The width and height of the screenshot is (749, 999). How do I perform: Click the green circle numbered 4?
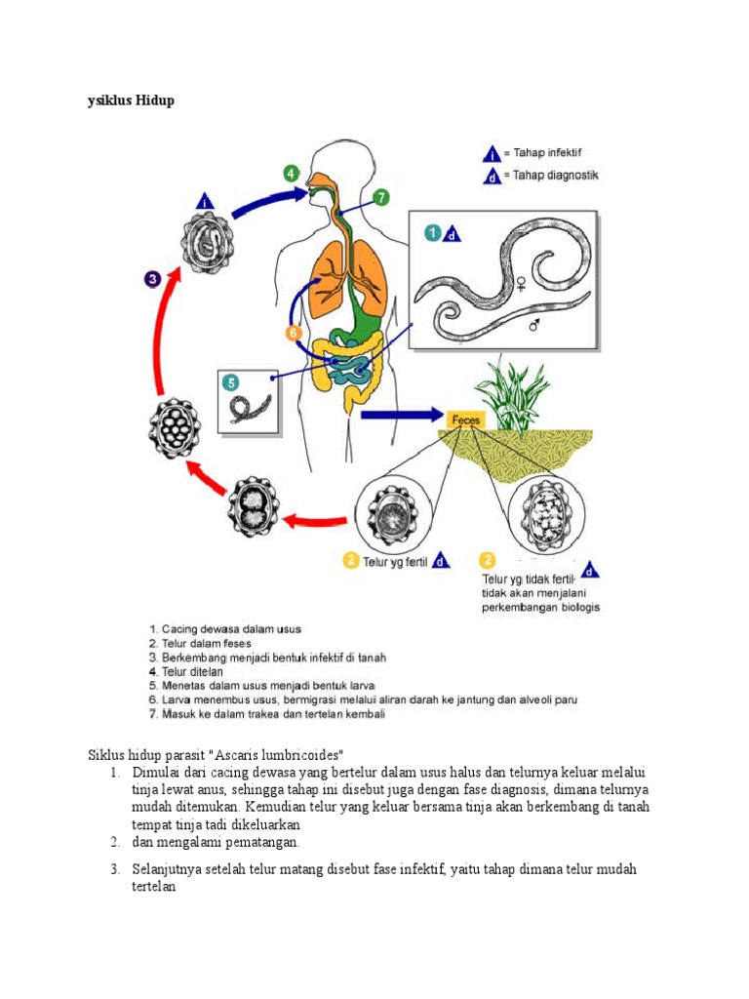(292, 174)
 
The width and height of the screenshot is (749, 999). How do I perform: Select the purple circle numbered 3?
(153, 279)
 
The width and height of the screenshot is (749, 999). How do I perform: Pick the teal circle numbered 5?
(230, 381)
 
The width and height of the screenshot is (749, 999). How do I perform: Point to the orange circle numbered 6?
(292, 333)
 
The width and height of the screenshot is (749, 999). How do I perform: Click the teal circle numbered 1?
(431, 232)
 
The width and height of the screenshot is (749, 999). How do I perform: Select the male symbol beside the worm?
(535, 323)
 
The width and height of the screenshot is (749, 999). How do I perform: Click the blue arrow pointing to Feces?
(401, 415)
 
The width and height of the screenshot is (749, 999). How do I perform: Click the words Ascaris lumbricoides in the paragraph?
(291, 755)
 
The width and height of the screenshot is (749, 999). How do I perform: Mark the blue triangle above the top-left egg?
(205, 203)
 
